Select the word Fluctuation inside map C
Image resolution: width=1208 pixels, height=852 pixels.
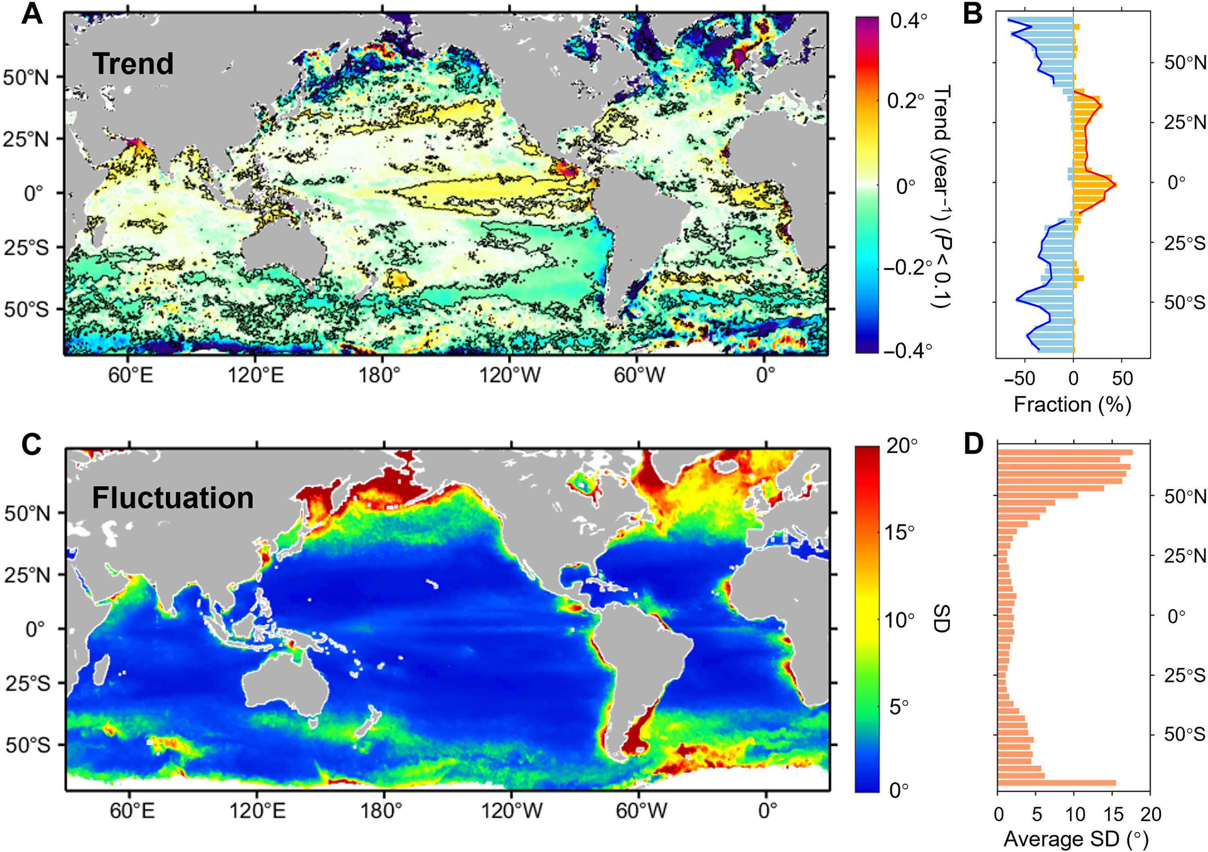coord(173,498)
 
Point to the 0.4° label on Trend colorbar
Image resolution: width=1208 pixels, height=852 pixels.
coord(909,21)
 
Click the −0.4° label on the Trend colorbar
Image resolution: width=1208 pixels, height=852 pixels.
coord(908,350)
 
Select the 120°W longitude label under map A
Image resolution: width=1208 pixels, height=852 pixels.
coord(509,375)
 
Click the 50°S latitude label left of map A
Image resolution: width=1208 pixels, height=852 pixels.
coord(26,309)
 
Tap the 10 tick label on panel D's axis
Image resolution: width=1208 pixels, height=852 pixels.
coord(1075,814)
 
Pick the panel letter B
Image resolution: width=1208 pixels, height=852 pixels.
coord(973,14)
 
